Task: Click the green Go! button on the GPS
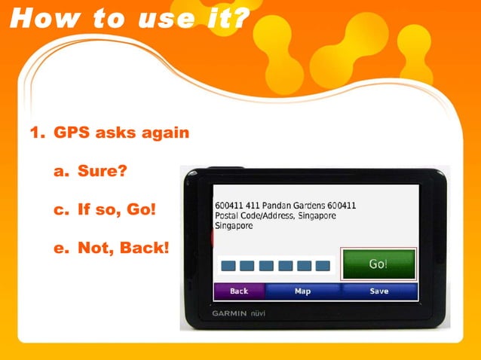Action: (x=378, y=264)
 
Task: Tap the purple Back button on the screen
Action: (x=238, y=291)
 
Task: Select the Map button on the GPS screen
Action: (x=302, y=291)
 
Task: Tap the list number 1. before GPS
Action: (x=37, y=133)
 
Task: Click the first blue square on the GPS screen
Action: (x=227, y=266)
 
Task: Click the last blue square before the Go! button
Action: (x=323, y=266)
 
